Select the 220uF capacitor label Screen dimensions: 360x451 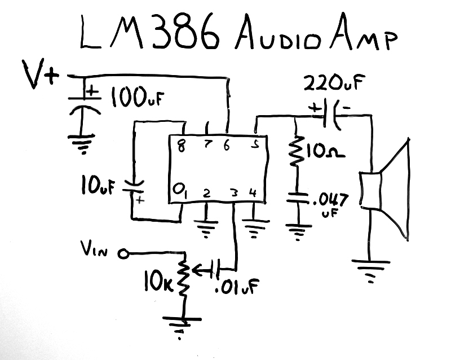click(x=333, y=85)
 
